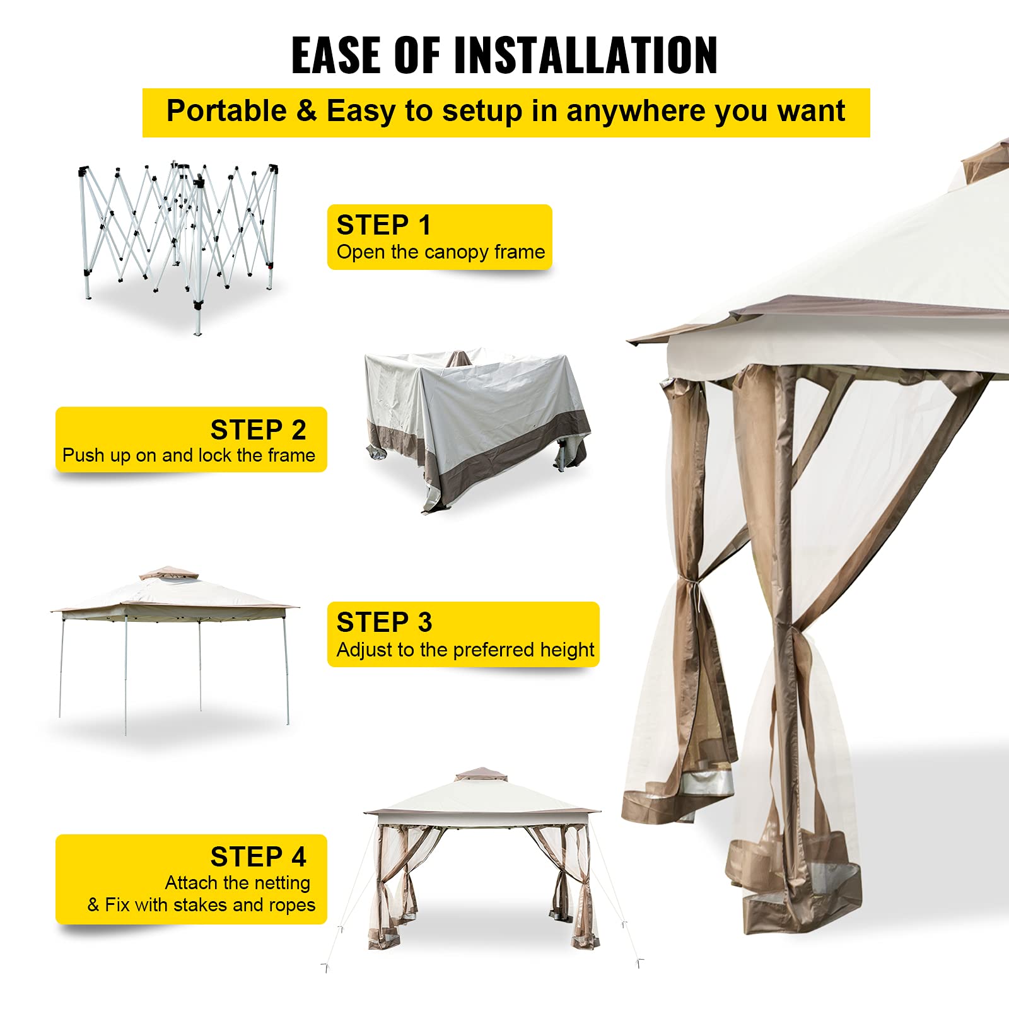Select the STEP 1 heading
383,225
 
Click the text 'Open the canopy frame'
440,252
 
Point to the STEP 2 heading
258,430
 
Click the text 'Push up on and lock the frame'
189,455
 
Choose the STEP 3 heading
384,622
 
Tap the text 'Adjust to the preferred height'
465,650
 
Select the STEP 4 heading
258,857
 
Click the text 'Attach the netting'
238,883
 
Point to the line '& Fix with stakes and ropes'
201,905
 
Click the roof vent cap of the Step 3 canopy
161,573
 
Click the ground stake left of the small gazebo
326,967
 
